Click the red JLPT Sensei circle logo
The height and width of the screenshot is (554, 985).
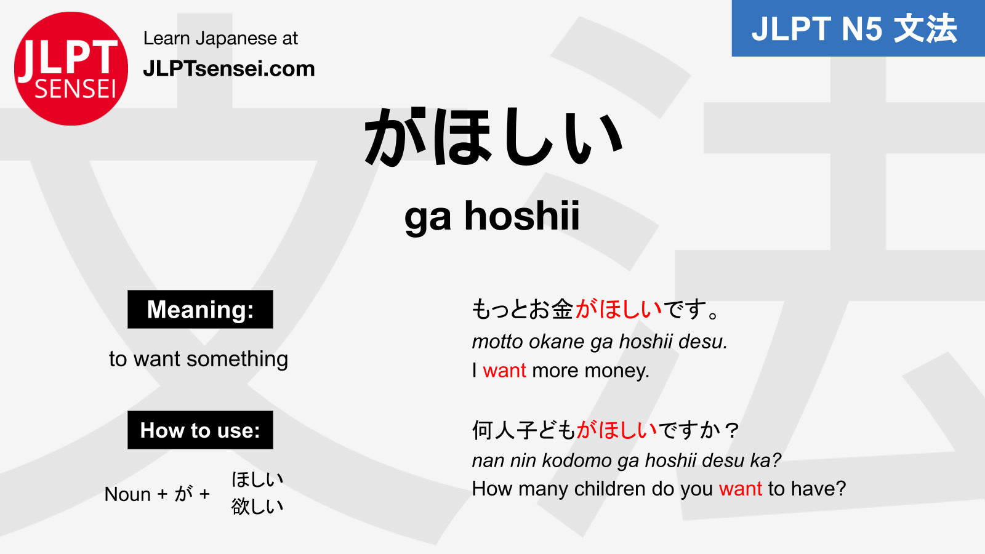coord(71,68)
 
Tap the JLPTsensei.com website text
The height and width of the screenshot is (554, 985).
coord(228,68)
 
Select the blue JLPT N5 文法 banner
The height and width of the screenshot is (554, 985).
coord(858,28)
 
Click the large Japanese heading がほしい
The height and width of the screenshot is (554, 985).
coord(493,137)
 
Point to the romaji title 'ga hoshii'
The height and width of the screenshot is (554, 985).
coord(492,216)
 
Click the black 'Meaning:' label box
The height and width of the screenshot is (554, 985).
coord(200,310)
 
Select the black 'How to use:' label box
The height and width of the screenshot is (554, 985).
coord(200,430)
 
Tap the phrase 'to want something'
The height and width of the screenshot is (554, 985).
coord(198,359)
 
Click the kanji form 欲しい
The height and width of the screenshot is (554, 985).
coord(257,507)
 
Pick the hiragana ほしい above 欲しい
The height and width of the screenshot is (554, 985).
coord(257,479)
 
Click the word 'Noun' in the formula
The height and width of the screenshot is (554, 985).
coord(127,494)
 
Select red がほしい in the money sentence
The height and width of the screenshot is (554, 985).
coord(618,309)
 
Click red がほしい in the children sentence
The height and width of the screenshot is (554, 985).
coord(617,430)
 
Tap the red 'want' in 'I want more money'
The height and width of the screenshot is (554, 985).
coord(504,371)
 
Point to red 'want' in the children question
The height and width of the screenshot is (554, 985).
coord(740,489)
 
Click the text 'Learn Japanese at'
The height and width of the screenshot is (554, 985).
coord(220,38)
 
